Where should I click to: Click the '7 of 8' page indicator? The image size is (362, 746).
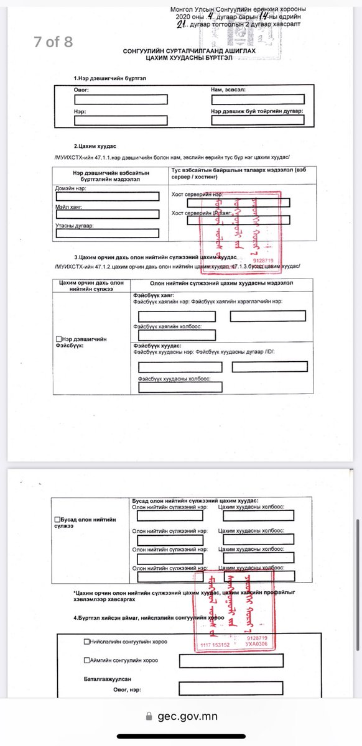tap(53, 42)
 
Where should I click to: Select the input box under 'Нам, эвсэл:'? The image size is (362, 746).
tap(257, 99)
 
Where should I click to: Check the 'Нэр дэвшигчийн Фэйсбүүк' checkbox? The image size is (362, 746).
tap(58, 339)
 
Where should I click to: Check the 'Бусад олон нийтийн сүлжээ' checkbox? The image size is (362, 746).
tap(58, 519)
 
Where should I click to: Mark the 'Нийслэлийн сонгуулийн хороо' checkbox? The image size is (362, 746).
tap(86, 642)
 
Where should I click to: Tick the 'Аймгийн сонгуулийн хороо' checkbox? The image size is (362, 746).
tap(86, 660)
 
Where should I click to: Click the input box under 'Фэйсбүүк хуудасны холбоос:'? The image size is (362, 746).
tap(180, 387)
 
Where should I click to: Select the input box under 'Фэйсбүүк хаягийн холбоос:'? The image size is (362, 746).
tap(177, 335)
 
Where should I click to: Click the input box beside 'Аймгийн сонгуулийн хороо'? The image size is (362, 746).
tap(230, 660)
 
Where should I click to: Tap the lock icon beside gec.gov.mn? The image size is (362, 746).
tap(148, 716)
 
